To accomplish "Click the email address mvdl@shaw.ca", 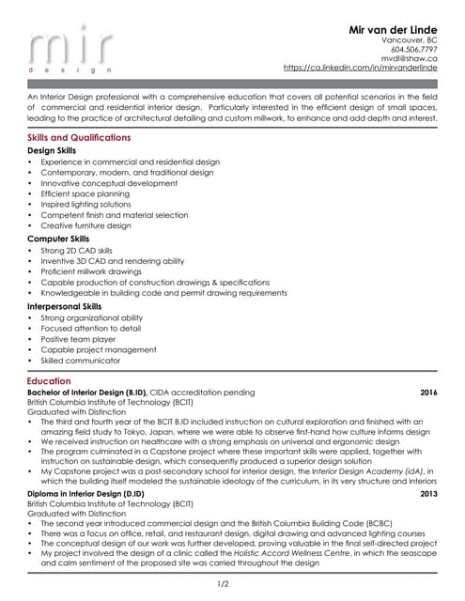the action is pos(413,58).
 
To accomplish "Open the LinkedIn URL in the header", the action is pos(361,69).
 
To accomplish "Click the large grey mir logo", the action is pos(70,48).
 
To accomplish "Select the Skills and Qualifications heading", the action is pos(80,138).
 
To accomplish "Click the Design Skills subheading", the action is pos(52,150).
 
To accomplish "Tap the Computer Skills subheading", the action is pos(58,239).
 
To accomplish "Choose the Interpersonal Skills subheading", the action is pos(65,306).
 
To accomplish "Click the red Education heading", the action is pos(49,381).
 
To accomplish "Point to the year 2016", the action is pos(428,392).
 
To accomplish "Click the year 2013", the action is pos(428,493).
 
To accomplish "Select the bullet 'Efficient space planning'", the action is pos(85,193).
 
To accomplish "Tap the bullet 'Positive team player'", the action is pos(79,339).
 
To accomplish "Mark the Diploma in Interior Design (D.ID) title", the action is pos(85,493).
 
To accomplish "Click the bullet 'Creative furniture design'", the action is pos(85,225).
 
